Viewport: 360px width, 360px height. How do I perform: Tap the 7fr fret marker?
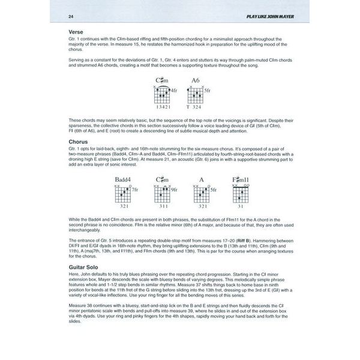point(136,190)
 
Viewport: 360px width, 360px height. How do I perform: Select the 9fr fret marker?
point(174,190)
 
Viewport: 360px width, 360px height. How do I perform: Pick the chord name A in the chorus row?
point(202,179)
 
